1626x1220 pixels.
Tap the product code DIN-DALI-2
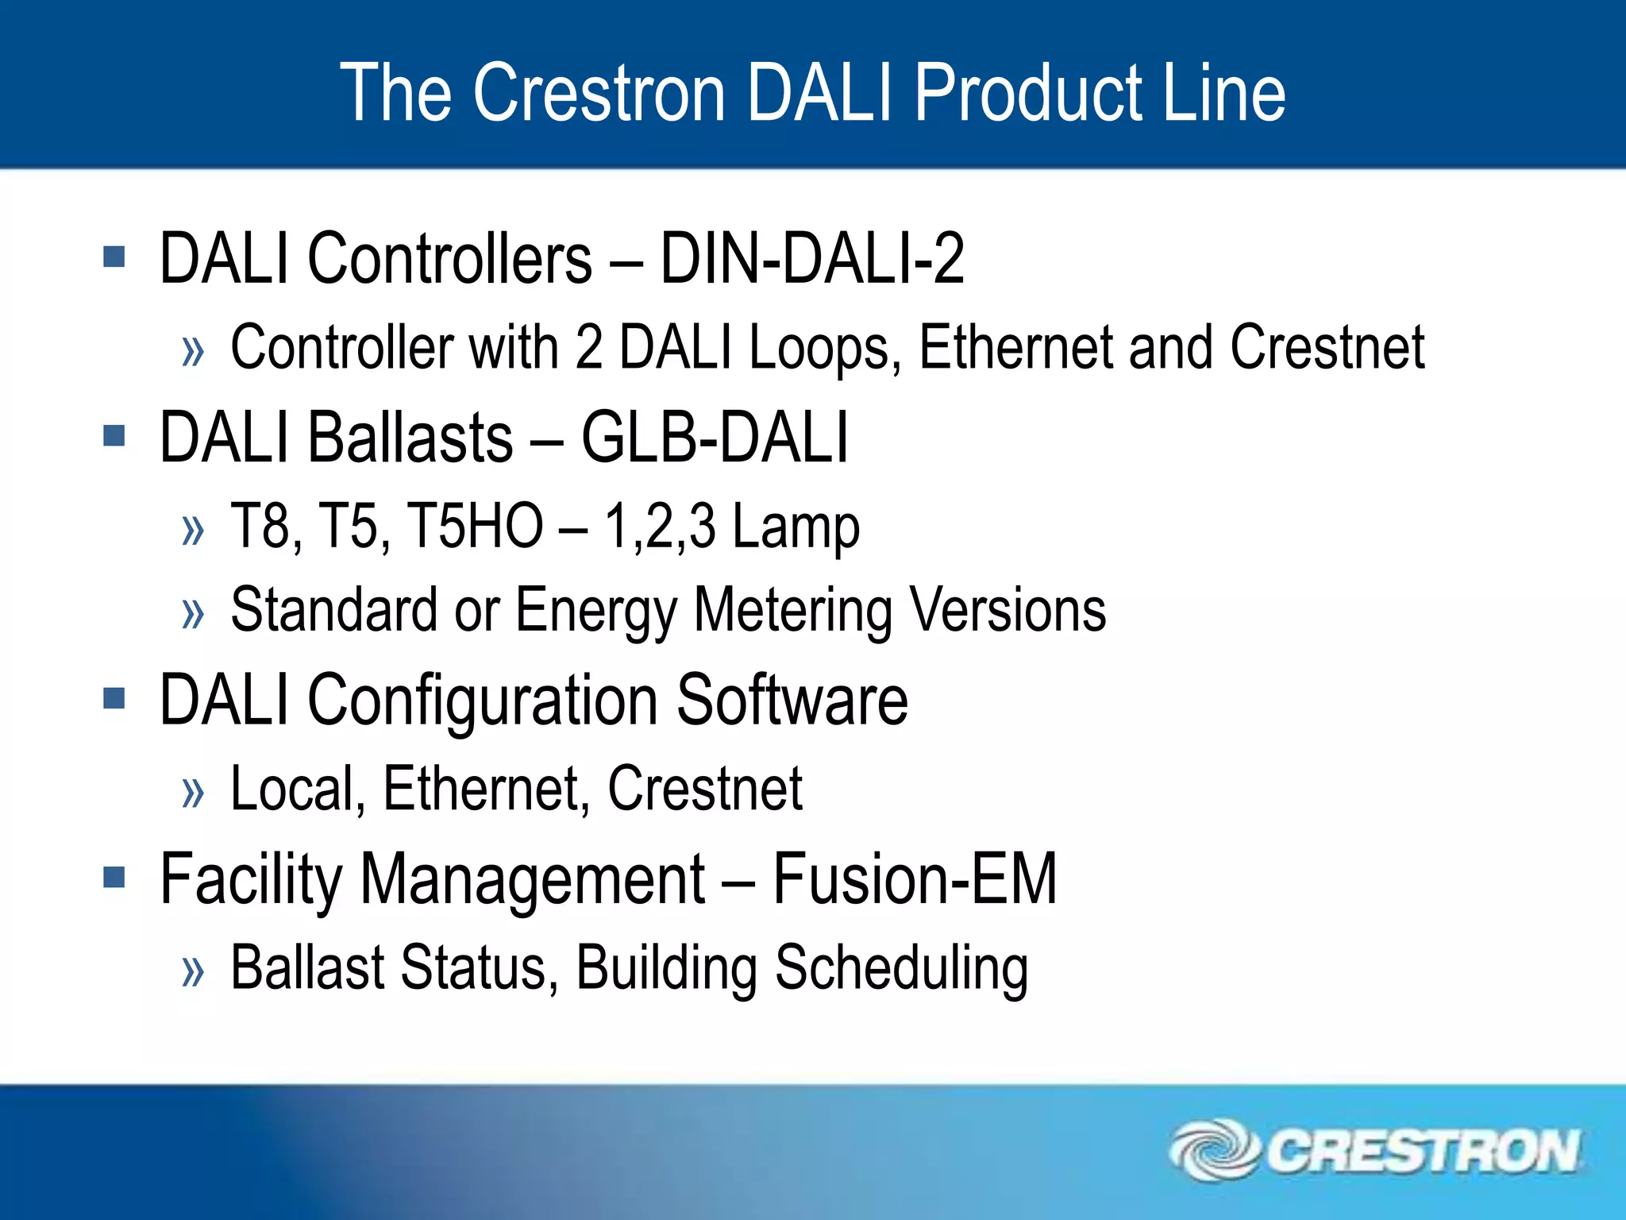[811, 258]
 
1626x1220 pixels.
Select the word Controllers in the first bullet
[450, 258]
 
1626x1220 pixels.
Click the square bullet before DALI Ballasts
[114, 435]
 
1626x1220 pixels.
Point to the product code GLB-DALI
[715, 437]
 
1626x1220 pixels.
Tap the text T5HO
[475, 526]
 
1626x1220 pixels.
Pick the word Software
[792, 699]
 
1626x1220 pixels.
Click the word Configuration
[483, 701]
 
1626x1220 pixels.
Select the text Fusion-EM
[915, 878]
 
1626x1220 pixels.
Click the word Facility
[250, 880]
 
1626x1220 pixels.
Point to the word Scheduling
[901, 969]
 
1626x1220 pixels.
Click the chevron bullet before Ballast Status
[193, 971]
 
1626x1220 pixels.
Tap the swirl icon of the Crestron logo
[1214, 1149]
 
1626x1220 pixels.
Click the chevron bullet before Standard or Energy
[193, 613]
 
